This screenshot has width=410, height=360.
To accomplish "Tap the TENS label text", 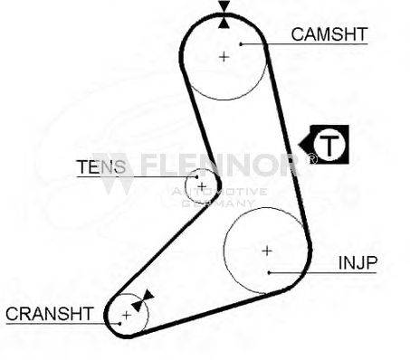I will [x=96, y=166].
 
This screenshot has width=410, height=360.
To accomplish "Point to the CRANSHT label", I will [x=49, y=314].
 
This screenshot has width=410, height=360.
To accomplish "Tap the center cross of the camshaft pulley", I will [x=224, y=56].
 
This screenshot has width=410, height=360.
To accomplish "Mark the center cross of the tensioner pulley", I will [x=202, y=186].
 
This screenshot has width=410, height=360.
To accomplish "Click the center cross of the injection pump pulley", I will [x=266, y=250].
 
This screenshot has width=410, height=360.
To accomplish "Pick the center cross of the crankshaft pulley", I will [x=126, y=314].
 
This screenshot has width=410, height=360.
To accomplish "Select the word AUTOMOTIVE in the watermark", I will [x=218, y=192].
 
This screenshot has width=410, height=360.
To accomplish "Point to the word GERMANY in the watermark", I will [x=218, y=204].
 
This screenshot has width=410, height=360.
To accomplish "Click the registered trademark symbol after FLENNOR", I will [x=312, y=158].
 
